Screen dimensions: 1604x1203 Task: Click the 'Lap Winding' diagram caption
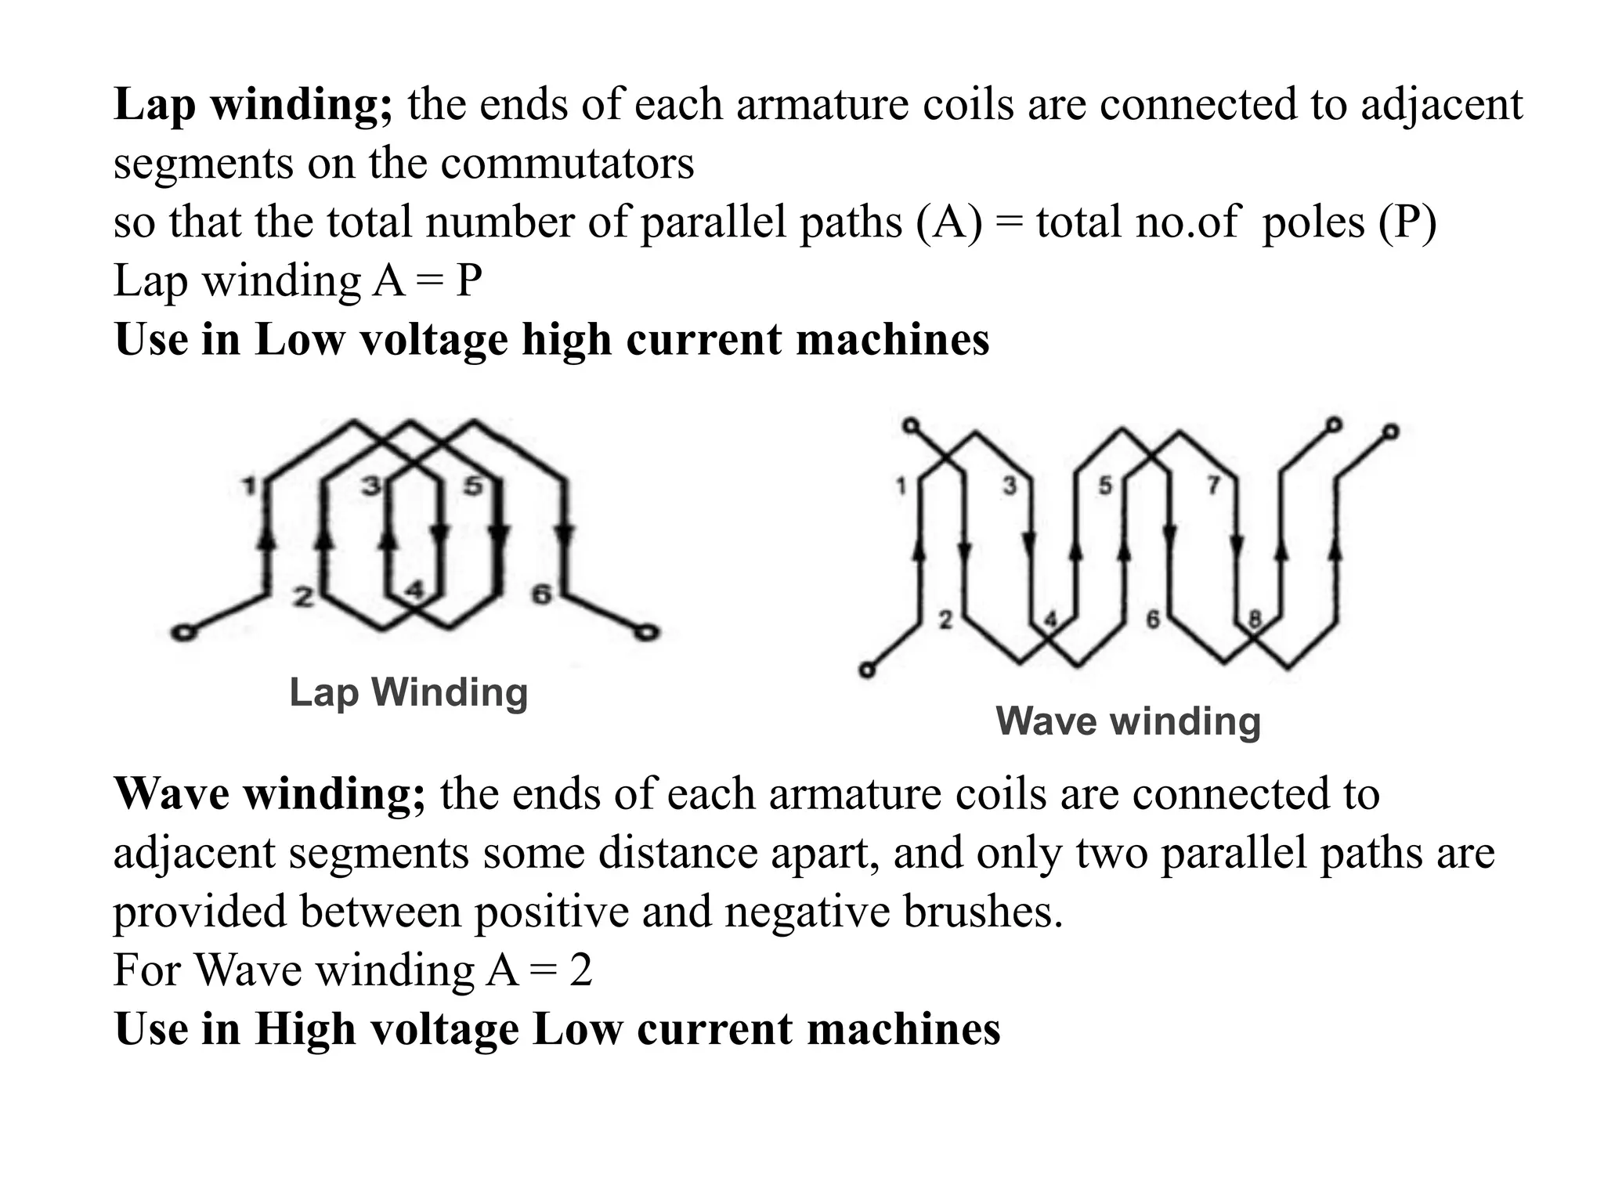click(x=408, y=692)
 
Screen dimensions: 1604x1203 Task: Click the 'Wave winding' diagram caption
click(x=1128, y=721)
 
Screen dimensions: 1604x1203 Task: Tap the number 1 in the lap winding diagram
click(x=249, y=486)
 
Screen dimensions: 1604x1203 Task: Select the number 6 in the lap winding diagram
click(x=541, y=595)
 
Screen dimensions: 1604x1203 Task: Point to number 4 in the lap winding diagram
click(x=416, y=589)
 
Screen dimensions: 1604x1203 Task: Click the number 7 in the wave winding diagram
click(x=1213, y=486)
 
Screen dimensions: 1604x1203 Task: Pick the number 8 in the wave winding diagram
click(x=1255, y=620)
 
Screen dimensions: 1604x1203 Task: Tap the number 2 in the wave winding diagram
click(x=945, y=620)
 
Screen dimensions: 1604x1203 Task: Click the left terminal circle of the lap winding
click(x=182, y=633)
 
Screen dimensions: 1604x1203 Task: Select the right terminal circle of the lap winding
click(x=646, y=631)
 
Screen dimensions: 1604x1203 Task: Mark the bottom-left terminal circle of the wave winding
click(x=866, y=670)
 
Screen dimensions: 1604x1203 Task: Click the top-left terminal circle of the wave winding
click(x=910, y=425)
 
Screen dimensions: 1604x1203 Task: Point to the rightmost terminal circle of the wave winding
click(x=1390, y=431)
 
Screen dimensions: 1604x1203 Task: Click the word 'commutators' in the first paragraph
click(x=567, y=164)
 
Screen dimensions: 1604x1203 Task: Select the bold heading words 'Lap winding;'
click(x=253, y=105)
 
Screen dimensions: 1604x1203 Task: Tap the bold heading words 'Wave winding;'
click(x=269, y=794)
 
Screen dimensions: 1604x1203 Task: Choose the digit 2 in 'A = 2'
click(x=580, y=970)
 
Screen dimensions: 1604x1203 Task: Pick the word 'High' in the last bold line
click(x=304, y=1029)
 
